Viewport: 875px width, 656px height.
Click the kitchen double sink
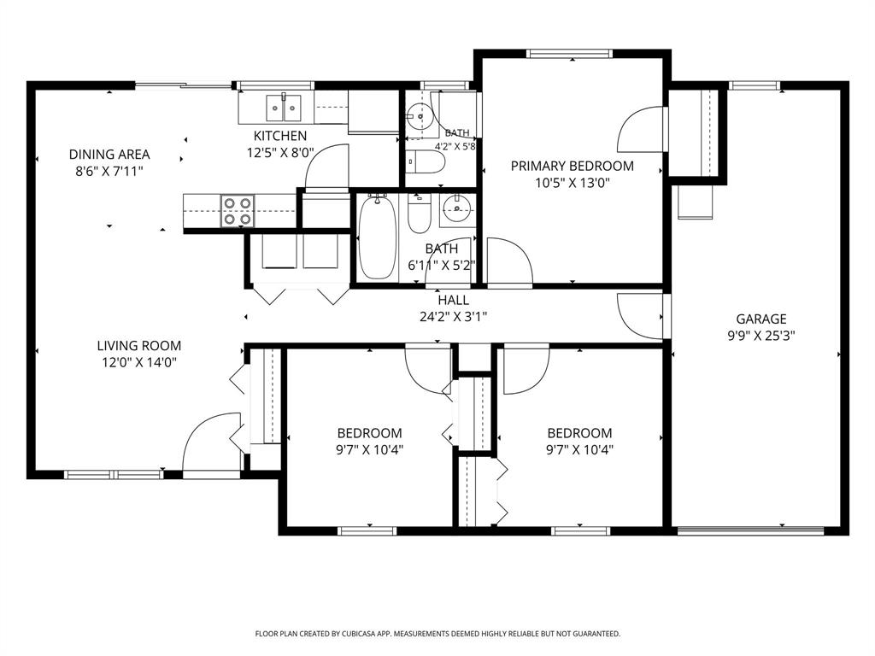point(284,108)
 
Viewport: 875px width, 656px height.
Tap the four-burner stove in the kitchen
point(238,211)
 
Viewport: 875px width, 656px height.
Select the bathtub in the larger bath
point(377,237)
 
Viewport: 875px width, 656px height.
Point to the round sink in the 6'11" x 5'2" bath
point(458,209)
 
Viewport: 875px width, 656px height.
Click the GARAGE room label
point(761,319)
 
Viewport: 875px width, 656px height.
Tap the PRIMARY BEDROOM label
point(572,166)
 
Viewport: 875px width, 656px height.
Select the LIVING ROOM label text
point(139,346)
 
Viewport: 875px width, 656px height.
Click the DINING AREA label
point(109,155)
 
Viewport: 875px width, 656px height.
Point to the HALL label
point(453,300)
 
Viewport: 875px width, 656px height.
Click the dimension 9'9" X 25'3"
point(761,336)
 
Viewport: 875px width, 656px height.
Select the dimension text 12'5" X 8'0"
point(280,152)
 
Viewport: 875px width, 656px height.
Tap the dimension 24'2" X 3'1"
point(453,317)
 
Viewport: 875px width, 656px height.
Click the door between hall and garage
point(641,316)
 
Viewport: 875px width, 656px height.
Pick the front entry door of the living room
point(212,444)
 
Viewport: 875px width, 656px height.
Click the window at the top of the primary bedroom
point(569,54)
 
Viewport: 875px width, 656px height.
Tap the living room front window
point(114,475)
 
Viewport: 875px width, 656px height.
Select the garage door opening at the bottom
point(750,530)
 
